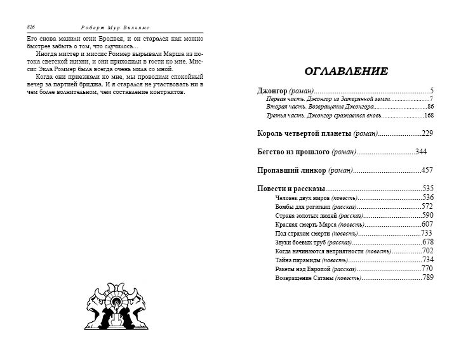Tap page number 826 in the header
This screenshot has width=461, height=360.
tap(30, 27)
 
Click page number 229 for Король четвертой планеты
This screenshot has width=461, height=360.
tap(427, 133)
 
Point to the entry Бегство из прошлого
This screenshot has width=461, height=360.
tap(307, 152)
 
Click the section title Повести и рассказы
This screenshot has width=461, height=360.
tap(291, 189)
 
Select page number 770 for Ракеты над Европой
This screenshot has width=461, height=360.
tap(427, 269)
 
